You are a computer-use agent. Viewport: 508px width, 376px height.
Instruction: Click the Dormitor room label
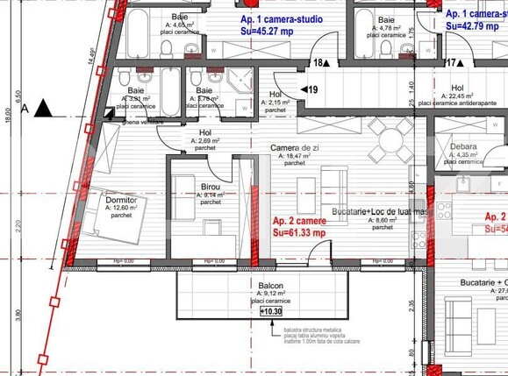[x=121, y=200]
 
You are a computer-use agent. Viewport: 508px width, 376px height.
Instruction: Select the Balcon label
[x=271, y=286]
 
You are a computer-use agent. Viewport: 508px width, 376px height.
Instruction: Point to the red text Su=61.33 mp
[x=299, y=232]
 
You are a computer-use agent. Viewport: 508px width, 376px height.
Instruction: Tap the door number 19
[x=311, y=89]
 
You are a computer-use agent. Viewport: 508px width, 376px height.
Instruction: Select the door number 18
[x=319, y=63]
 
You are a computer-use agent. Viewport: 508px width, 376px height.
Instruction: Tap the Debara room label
[x=463, y=147]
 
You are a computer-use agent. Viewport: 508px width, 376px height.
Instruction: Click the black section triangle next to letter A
[x=44, y=108]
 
